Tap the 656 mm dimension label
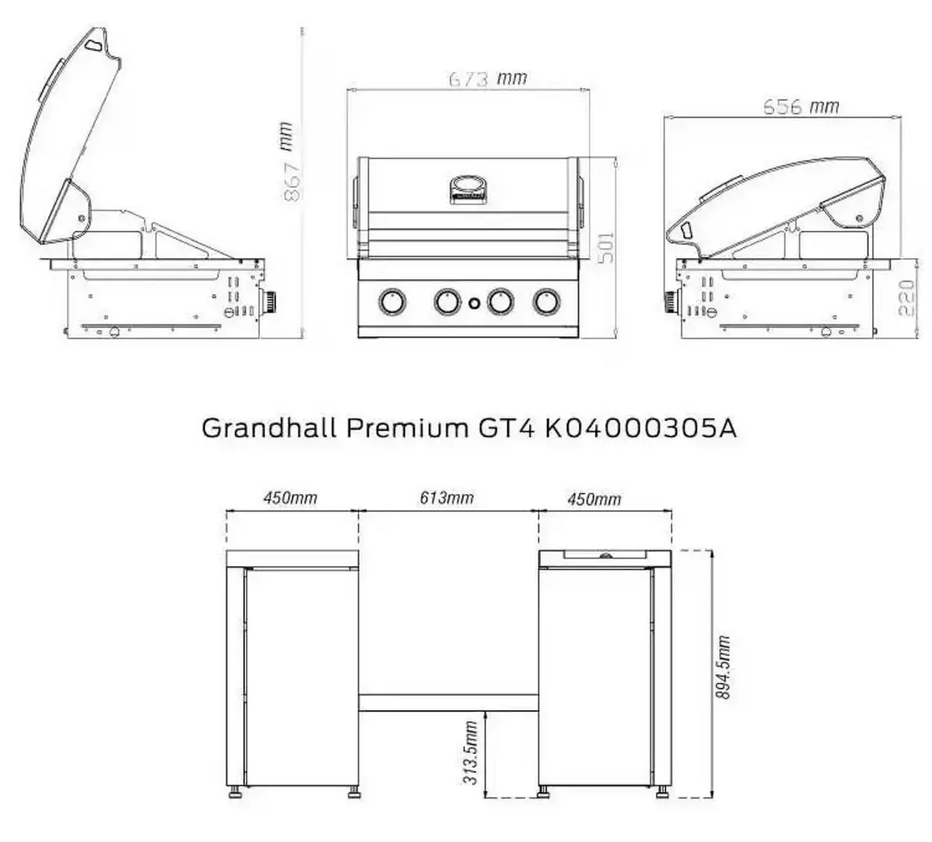pyautogui.click(x=800, y=106)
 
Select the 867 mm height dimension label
pyautogui.click(x=289, y=162)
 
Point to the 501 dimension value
pyautogui.click(x=606, y=247)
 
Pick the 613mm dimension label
pyautogui.click(x=448, y=497)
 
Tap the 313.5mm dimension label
pyautogui.click(x=471, y=752)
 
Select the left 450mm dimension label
pyautogui.click(x=290, y=497)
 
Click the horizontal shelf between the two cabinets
pyautogui.click(x=448, y=702)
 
